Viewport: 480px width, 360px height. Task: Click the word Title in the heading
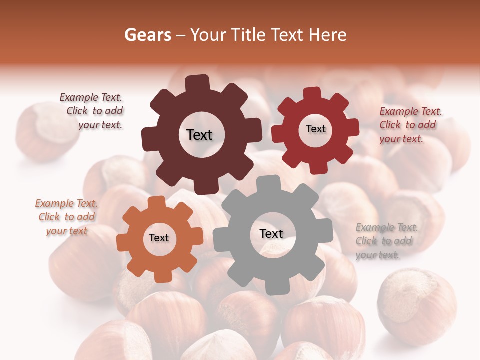point(248,35)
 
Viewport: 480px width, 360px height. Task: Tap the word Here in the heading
point(328,35)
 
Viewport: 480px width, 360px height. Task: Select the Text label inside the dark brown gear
point(199,135)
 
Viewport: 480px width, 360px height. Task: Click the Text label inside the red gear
point(315,129)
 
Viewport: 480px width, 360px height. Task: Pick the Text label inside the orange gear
point(159,238)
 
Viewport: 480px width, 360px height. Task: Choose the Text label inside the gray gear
point(271,233)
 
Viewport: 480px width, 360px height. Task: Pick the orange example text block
point(66,217)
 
